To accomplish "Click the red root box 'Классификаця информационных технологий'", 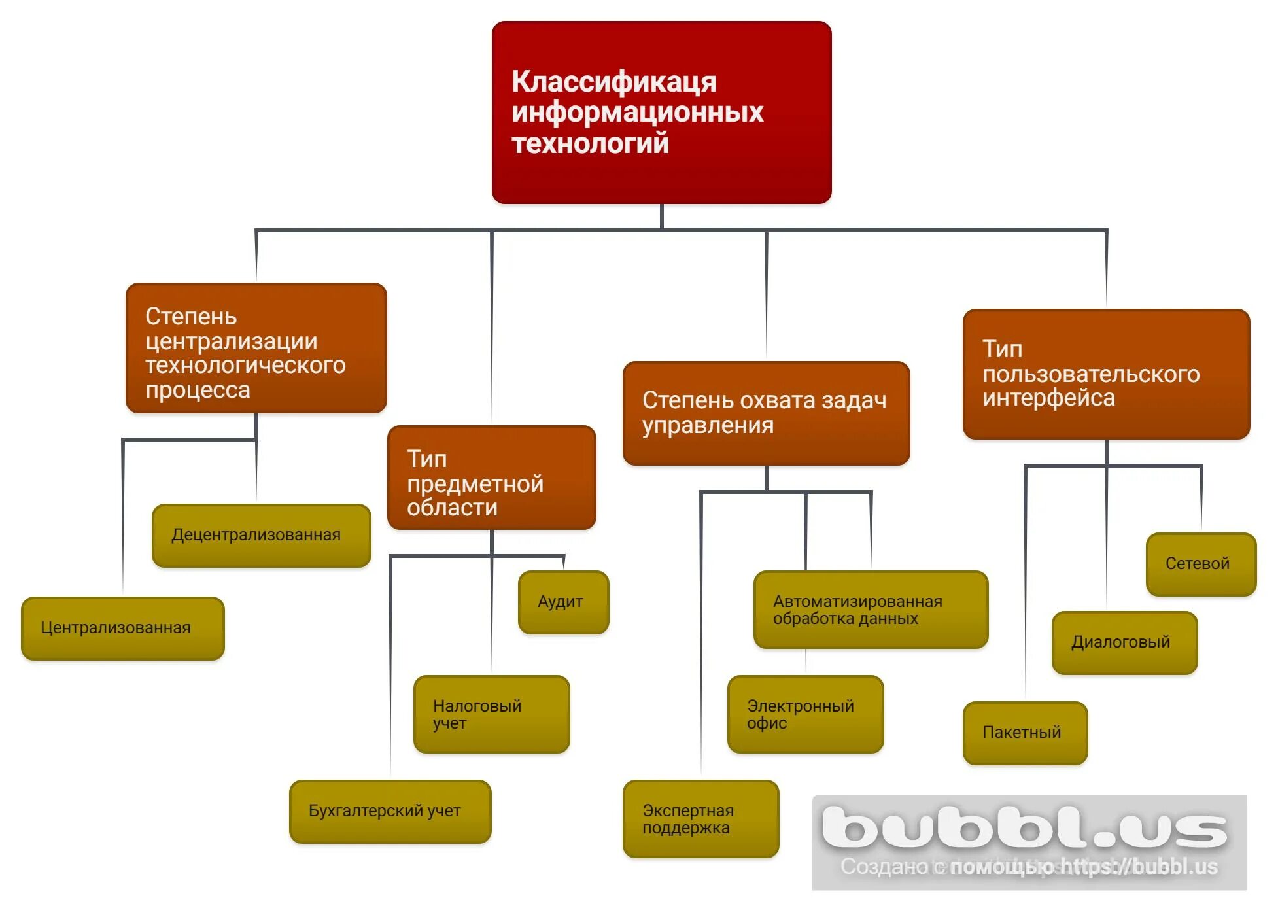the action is [x=661, y=113].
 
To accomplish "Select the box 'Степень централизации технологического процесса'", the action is [x=256, y=348].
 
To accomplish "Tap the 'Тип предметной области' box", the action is [x=491, y=478].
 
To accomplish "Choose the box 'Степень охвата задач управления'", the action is [x=766, y=413].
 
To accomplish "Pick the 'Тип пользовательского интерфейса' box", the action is [x=1106, y=374].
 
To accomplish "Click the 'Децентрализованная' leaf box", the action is [x=261, y=535].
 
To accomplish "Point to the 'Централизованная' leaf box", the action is [x=122, y=628].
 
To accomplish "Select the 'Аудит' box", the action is [x=563, y=602].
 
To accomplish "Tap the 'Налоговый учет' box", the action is [x=491, y=714].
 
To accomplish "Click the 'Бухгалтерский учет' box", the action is [x=390, y=811].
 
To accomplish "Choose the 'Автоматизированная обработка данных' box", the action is [x=871, y=610].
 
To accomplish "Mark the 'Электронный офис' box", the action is [x=805, y=714].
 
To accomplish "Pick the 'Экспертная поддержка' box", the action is [x=700, y=819].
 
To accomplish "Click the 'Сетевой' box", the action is [x=1201, y=564].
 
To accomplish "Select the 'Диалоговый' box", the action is [x=1124, y=642].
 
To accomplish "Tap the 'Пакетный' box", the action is [x=1025, y=733].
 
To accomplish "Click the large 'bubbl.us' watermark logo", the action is [x=1024, y=827].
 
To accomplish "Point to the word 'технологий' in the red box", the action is [x=590, y=143].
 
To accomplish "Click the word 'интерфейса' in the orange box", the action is [x=1048, y=398].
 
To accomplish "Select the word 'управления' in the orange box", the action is [x=708, y=425].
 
